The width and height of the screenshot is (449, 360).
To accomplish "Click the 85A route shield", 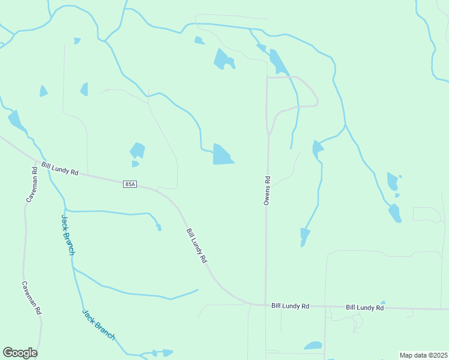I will point(130,184).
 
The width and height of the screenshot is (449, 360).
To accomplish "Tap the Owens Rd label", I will point(267,190).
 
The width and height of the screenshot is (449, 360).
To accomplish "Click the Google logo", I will point(20,353).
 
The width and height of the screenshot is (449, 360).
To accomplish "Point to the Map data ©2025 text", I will point(423,355).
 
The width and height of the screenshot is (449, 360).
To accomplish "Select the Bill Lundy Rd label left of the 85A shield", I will point(60,168).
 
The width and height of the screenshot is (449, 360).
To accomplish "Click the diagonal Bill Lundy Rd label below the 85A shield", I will point(196,246).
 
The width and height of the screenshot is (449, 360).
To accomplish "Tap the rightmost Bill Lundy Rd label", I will point(364,307).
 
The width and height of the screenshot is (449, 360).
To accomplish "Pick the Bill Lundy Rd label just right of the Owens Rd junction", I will point(290,306).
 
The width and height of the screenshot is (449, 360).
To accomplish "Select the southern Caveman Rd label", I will point(31,298).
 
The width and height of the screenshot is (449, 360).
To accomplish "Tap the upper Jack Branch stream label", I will point(68,235).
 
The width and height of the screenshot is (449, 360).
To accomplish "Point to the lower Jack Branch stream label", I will point(98,325).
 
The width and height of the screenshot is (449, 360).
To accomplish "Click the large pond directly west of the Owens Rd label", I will point(222,154).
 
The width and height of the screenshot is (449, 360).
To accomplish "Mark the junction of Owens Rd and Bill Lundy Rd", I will point(265,305).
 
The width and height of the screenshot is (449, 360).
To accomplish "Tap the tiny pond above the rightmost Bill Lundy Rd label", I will point(383,302).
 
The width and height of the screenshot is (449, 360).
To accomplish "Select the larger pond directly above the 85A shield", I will point(137,150).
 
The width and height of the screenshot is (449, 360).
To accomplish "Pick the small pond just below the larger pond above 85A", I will point(135,164).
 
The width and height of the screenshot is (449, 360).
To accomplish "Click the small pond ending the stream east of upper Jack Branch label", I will point(158,227).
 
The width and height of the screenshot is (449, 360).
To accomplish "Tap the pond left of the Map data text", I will point(313,346).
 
